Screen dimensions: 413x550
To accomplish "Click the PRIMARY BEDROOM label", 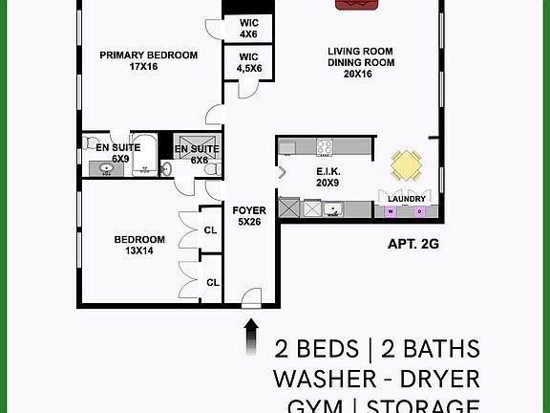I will click(x=149, y=61).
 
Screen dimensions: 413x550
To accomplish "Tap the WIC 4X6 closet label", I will click(x=248, y=28).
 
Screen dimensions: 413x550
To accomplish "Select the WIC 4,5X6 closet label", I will click(x=248, y=62).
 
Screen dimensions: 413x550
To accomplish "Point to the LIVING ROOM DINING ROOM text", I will click(x=361, y=62).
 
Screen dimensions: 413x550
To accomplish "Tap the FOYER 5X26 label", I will click(x=249, y=215).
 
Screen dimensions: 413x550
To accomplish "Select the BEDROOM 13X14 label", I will click(x=139, y=245).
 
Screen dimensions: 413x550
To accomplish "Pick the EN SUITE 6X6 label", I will click(x=198, y=154).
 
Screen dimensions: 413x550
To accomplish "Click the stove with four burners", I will click(x=325, y=147).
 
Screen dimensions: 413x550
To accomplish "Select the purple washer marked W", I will click(x=391, y=210).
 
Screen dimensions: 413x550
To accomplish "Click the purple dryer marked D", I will click(x=419, y=210).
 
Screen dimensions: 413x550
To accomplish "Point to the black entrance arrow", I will click(x=251, y=335).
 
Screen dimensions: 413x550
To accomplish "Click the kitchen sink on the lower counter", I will click(x=331, y=208).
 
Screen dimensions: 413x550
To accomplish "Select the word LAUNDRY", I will click(x=407, y=200).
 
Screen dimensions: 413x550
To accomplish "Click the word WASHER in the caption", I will click(x=325, y=377).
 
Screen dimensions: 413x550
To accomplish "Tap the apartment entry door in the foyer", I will click(x=252, y=298).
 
